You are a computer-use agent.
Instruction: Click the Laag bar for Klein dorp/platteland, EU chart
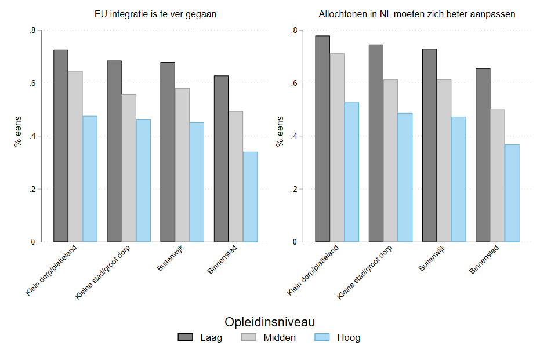click(x=61, y=146)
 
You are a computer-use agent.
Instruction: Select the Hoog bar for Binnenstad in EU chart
click(x=250, y=197)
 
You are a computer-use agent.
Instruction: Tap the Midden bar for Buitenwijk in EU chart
click(x=182, y=165)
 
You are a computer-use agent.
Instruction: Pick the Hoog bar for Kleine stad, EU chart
click(x=143, y=180)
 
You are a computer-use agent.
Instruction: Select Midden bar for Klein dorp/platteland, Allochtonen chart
click(x=337, y=147)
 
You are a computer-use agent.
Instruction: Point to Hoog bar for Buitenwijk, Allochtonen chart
click(x=458, y=179)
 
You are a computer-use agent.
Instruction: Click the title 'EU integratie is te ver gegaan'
click(x=155, y=14)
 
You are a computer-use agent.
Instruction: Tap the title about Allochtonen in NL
click(x=417, y=14)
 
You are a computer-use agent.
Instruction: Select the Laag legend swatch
click(x=186, y=338)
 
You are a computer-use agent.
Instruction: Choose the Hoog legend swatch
click(x=321, y=338)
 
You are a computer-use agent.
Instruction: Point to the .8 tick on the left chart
click(x=32, y=30)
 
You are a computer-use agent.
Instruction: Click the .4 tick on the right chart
click(x=294, y=136)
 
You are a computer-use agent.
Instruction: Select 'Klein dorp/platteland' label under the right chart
click(x=313, y=271)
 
